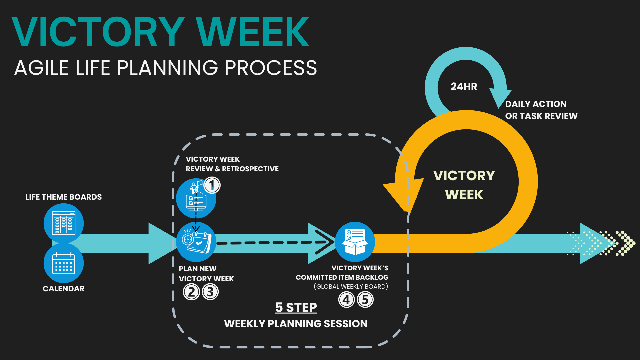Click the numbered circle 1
[x=212, y=185]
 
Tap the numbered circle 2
[x=191, y=292]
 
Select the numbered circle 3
[x=210, y=292]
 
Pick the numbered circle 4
[x=346, y=299]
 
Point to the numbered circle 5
[x=365, y=299]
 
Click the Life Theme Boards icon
[x=64, y=223]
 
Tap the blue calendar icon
[x=64, y=263]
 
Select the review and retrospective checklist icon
[x=196, y=199]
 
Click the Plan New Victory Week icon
[x=196, y=242]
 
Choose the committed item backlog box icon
[x=355, y=242]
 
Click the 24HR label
[x=464, y=87]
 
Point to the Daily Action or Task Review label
[x=541, y=110]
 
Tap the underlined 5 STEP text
[x=296, y=307]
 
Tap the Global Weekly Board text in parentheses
[x=351, y=287]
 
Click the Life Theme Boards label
[x=64, y=197]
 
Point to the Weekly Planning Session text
[x=296, y=324]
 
